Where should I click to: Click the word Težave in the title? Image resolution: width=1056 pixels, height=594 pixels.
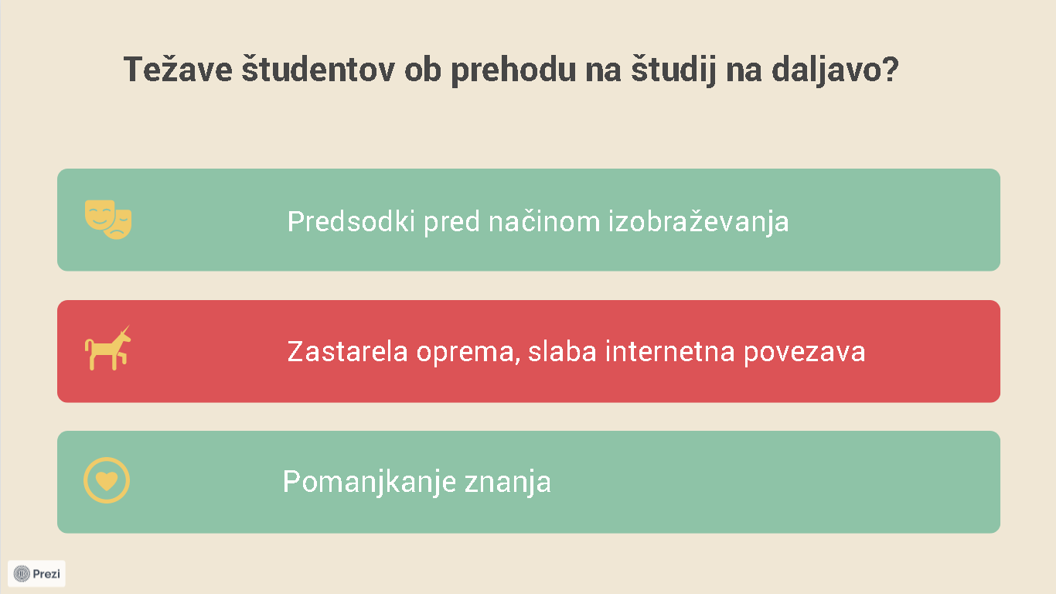click(178, 70)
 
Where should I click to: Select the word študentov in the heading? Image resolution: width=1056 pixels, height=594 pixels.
click(319, 69)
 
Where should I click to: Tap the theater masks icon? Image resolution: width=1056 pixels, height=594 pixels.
click(108, 220)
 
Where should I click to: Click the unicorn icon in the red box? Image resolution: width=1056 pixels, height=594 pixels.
click(108, 348)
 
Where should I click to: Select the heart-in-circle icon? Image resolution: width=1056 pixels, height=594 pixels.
click(107, 480)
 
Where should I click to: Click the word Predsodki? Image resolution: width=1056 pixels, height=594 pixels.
click(351, 220)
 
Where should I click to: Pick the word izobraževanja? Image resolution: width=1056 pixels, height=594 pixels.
click(699, 222)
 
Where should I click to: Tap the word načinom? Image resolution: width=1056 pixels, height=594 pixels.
click(544, 220)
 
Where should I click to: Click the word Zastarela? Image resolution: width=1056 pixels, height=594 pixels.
click(347, 351)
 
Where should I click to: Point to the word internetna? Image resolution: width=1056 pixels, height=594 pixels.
click(670, 351)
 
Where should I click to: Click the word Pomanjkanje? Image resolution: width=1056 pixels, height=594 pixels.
click(370, 482)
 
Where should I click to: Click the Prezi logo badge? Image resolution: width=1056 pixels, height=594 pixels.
click(36, 573)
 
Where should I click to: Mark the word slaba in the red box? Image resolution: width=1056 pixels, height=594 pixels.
click(563, 351)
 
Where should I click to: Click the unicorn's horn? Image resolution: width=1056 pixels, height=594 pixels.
click(125, 329)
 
